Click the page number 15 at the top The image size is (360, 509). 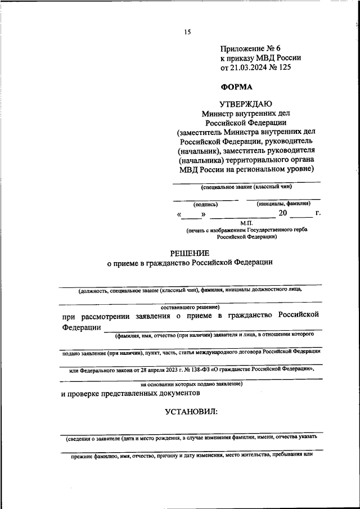(188, 32)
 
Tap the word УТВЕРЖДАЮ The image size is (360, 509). (246, 103)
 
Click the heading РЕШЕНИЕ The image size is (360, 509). (190, 253)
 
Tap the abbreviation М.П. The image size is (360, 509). (247, 223)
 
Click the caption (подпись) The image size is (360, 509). (205, 205)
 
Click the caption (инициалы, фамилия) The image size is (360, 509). (283, 204)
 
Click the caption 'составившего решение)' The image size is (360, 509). (190, 307)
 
